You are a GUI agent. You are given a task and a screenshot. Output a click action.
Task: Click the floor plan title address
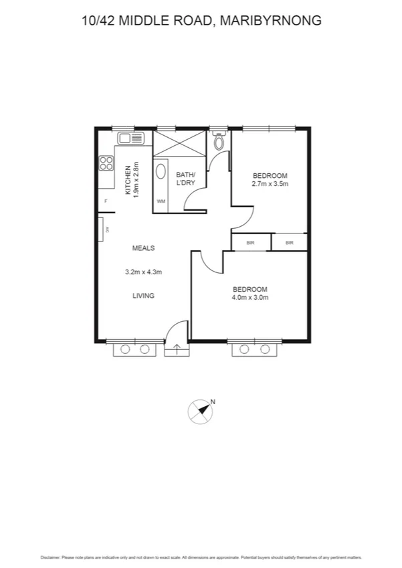201,21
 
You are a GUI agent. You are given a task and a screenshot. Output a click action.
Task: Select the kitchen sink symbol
131,138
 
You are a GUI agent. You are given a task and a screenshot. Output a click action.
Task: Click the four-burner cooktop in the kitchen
106,163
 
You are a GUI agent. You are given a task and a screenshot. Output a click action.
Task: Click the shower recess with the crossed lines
179,143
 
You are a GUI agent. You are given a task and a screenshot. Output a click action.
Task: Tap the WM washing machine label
161,201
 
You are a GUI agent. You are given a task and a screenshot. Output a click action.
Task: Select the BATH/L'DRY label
185,179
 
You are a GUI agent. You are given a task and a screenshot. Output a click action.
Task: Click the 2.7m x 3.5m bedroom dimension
270,184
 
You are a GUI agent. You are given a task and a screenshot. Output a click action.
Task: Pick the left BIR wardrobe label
251,243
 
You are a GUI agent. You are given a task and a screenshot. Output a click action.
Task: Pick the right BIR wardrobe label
290,243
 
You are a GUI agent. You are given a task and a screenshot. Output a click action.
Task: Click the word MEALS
143,248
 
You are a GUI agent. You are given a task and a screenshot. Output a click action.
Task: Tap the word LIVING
143,296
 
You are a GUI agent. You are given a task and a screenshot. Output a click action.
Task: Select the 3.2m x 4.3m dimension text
144,272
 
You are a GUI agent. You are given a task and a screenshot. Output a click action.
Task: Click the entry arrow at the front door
177,349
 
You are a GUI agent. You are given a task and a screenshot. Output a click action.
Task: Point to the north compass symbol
201,411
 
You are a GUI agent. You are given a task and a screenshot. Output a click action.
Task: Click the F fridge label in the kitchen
105,201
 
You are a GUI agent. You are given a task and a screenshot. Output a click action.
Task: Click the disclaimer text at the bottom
201,557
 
